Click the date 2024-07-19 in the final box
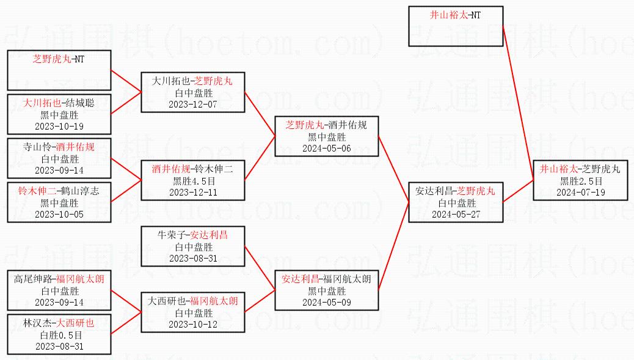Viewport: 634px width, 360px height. click(x=580, y=193)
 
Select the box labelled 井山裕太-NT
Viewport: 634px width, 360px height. click(x=456, y=26)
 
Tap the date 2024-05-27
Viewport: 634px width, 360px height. click(x=456, y=215)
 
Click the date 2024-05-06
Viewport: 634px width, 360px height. click(x=327, y=149)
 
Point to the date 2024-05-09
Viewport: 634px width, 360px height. click(x=327, y=303)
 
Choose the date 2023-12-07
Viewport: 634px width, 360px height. click(x=193, y=105)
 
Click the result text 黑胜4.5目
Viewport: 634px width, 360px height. click(x=193, y=181)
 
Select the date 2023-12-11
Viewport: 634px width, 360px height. click(x=193, y=193)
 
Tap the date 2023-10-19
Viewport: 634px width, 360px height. click(x=59, y=127)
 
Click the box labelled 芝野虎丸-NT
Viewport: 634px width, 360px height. click(x=59, y=70)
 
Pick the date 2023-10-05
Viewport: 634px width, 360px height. click(x=59, y=215)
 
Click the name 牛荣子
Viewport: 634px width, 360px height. click(x=172, y=235)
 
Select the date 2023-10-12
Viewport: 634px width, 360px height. click(x=193, y=325)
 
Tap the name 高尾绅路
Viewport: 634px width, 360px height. click(x=33, y=279)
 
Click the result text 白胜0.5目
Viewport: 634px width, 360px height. click(x=59, y=335)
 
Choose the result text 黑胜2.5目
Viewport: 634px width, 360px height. click(x=580, y=181)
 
